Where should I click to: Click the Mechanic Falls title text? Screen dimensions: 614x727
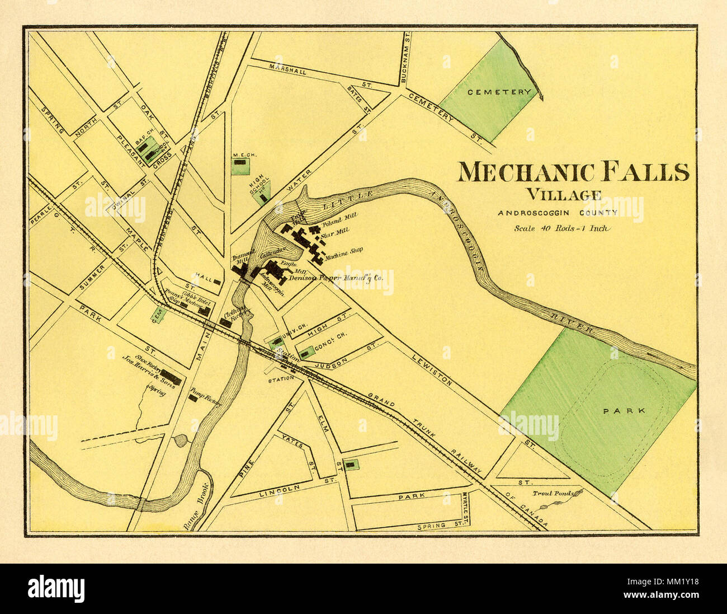click(573, 172)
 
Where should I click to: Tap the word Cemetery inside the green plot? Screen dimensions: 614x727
click(492, 92)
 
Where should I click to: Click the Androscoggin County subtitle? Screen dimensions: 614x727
click(558, 213)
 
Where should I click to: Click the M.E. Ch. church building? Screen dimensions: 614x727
click(240, 162)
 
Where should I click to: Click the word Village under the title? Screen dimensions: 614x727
click(563, 195)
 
